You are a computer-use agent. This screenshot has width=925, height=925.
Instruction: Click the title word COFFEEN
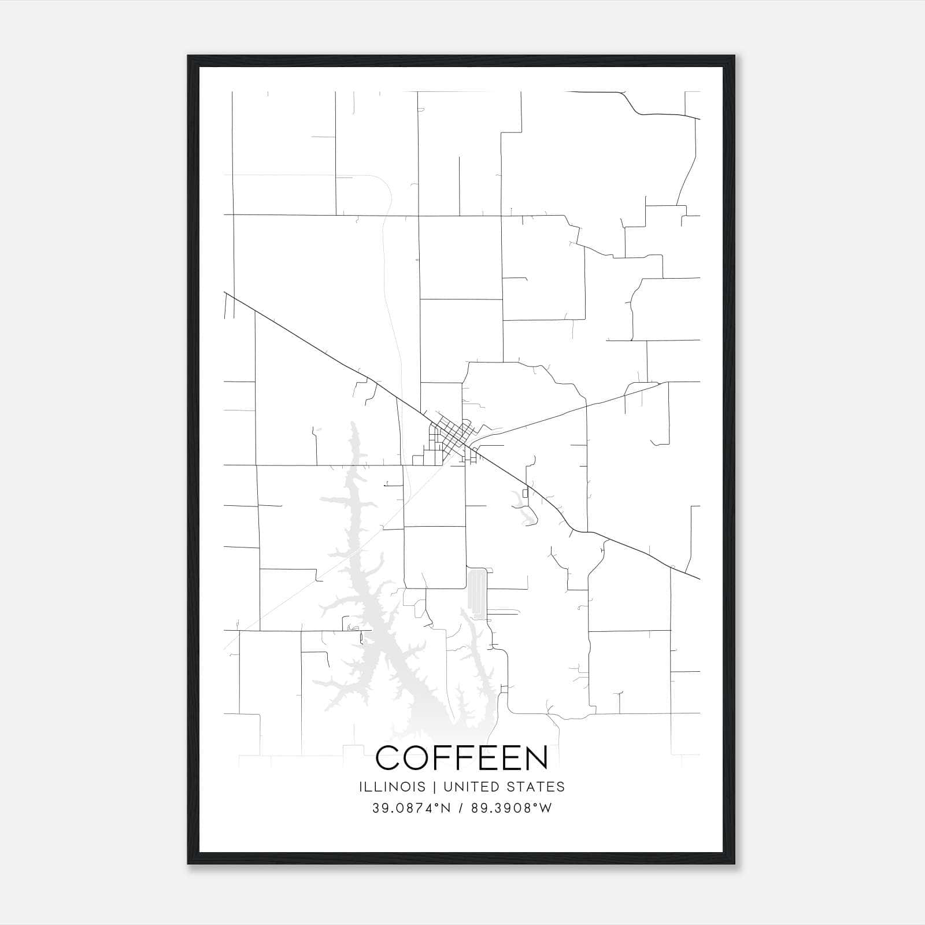pos(462,757)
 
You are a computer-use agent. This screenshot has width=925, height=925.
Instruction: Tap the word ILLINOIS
pos(392,787)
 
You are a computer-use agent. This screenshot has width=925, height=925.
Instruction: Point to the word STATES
pos(537,787)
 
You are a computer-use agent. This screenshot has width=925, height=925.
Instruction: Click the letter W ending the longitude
pos(545,808)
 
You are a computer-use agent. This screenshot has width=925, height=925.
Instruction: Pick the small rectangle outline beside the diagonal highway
pos(525,493)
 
